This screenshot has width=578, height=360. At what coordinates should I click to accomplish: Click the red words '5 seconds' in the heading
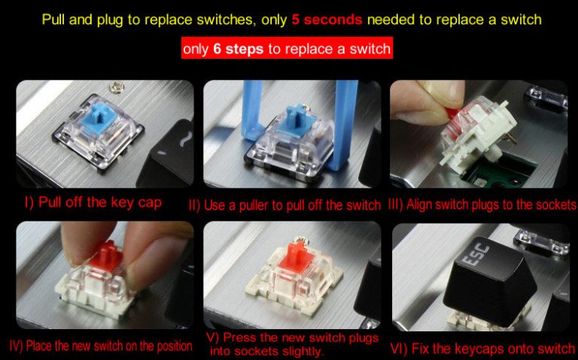[x=327, y=20]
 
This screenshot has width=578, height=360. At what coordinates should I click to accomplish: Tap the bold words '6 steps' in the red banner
[x=238, y=49]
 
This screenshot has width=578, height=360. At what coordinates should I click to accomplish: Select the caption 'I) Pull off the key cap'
[x=93, y=203]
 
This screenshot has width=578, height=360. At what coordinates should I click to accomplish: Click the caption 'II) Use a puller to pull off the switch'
[x=285, y=205]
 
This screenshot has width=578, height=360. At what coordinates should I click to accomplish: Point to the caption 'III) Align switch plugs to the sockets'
[x=482, y=204]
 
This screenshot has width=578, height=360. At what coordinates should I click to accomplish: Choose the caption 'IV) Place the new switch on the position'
[x=101, y=346]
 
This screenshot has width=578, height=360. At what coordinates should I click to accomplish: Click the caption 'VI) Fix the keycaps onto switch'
[x=482, y=348]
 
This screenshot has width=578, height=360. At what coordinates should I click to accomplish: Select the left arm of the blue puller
[x=253, y=110]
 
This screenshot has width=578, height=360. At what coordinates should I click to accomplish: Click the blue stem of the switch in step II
[x=294, y=119]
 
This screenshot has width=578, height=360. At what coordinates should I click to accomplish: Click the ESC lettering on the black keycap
[x=476, y=255]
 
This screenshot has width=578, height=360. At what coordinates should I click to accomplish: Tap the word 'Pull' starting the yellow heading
[x=53, y=20]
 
